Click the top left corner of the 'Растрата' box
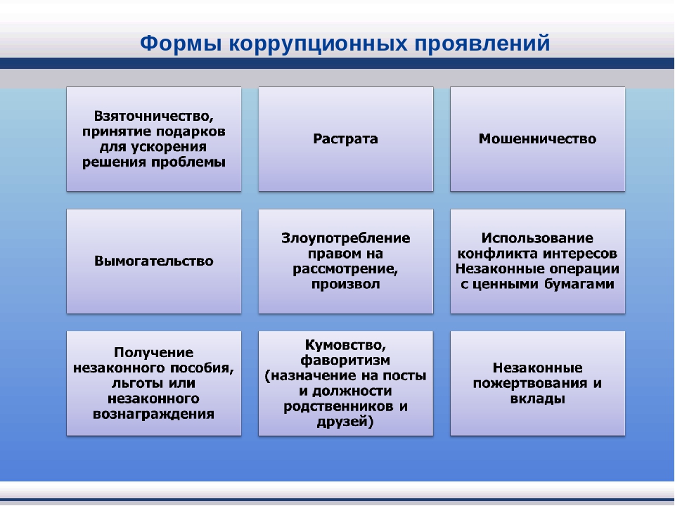coord(259,87)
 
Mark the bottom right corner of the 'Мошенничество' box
coord(624,191)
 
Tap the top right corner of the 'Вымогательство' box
coord(241,209)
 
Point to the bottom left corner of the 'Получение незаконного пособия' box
coord(67,436)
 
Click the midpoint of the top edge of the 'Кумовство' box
coord(346,331)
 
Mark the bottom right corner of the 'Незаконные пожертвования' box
coord(624,436)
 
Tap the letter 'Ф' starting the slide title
coord(149,43)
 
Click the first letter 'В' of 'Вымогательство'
coord(98,261)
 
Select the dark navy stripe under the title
coord(337,63)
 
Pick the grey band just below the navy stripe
coord(337,78)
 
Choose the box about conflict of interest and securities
coord(538,261)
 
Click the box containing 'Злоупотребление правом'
coord(346,261)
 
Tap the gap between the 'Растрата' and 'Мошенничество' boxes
coord(442,139)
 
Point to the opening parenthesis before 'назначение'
coord(267,376)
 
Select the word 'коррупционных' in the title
coord(318,44)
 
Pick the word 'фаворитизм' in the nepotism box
coord(345,361)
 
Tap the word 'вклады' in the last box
coord(538,399)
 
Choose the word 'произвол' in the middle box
coord(346,285)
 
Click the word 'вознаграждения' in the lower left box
coord(154,415)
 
